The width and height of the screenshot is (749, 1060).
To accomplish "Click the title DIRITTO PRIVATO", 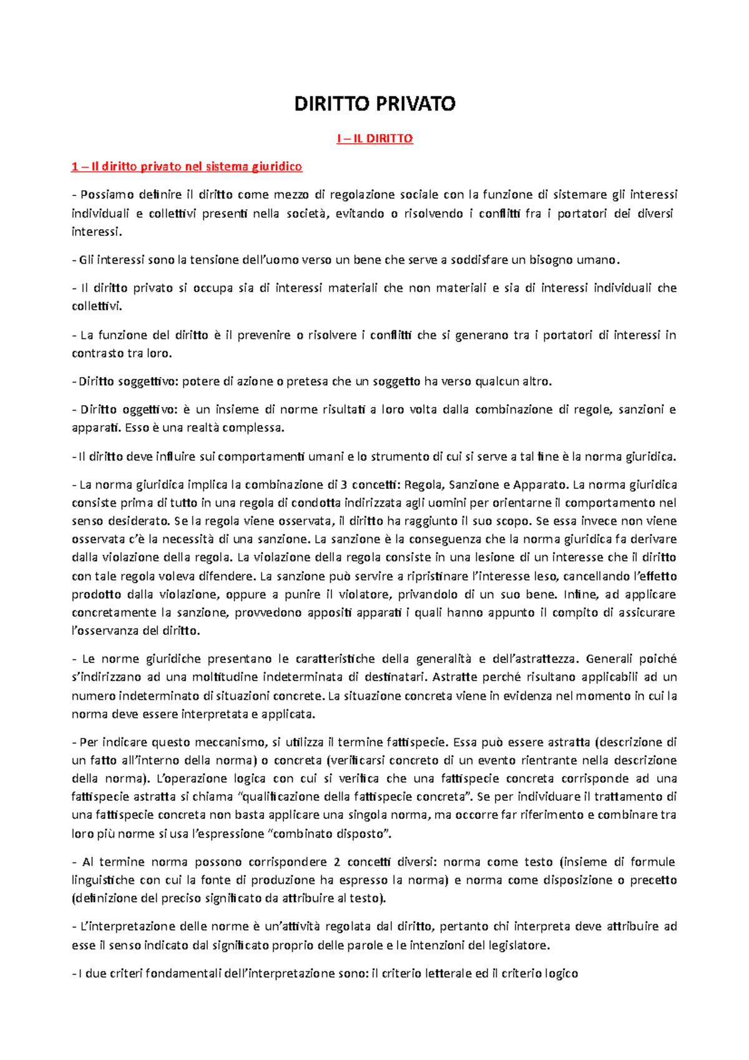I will [374, 104].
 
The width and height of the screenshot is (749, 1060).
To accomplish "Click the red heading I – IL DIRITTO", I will [374, 139].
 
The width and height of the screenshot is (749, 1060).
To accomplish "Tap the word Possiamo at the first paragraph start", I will [104, 195].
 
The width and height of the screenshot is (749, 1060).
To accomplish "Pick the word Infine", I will [580, 594].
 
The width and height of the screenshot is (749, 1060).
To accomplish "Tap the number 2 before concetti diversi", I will [337, 862].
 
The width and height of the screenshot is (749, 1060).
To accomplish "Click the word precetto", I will [653, 880].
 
